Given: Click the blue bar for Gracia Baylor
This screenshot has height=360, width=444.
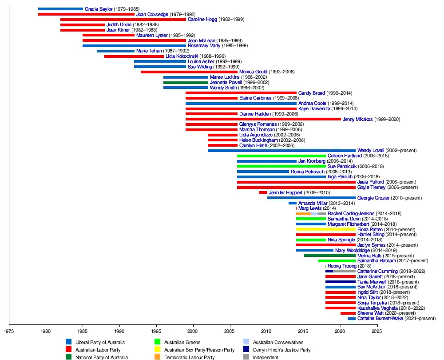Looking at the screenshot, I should (x=60, y=9).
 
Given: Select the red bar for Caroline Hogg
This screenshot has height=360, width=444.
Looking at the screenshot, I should (x=123, y=20).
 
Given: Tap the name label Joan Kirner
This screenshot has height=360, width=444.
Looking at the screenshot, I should (x=118, y=30).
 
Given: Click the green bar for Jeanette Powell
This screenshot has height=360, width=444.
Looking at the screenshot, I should (x=186, y=82).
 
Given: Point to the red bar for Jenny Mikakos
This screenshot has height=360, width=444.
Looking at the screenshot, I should (x=263, y=119).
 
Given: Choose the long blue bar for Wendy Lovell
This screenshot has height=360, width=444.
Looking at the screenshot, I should (x=281, y=150).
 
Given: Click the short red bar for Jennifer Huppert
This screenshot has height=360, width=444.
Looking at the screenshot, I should (x=263, y=192).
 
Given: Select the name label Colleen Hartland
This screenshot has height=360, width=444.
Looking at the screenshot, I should (x=345, y=156).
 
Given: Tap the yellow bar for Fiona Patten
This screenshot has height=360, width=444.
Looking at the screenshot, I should (x=326, y=229).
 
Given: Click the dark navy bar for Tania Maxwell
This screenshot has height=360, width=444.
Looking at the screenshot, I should (x=341, y=282).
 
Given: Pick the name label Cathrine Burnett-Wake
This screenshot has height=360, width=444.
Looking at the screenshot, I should (x=380, y=318).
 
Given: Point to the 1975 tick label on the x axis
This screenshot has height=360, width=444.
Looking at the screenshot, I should (x=9, y=331).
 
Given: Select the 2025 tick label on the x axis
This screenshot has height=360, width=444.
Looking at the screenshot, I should (x=377, y=331).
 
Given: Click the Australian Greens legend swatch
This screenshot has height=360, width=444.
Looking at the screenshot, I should (x=157, y=342).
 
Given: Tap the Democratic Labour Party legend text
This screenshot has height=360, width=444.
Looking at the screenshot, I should (x=189, y=357).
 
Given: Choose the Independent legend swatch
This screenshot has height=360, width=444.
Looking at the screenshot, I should (x=246, y=357).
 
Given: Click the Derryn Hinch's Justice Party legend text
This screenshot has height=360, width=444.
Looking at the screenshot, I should (x=281, y=350).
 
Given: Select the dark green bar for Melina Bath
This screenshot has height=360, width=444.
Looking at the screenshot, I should (x=330, y=256).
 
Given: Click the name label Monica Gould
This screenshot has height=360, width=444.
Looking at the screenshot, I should (x=254, y=72).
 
